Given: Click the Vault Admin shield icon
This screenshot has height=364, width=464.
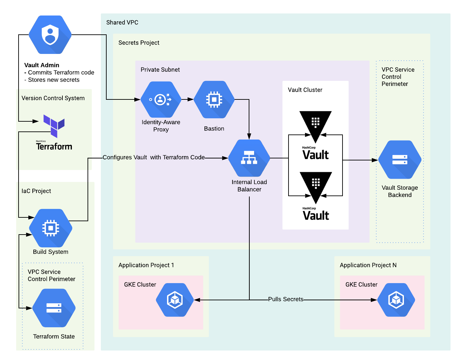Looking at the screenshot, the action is [50, 34].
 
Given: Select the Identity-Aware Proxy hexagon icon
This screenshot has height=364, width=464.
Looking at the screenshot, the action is [161, 99].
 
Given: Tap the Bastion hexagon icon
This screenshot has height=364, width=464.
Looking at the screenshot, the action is [214, 99].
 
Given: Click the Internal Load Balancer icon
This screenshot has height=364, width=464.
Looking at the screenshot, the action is [249, 158].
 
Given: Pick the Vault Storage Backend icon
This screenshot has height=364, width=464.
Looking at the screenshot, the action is [400, 159].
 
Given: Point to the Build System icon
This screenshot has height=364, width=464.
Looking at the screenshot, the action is [51, 228].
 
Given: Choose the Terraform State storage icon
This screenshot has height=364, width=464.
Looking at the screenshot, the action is [54, 308].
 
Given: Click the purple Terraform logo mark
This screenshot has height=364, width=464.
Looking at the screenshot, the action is [54, 126].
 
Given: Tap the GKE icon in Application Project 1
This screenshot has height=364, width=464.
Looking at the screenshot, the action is [175, 300].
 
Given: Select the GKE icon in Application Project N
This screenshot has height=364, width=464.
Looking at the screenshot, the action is [396, 300].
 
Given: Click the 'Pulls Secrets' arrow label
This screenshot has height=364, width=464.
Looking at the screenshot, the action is [285, 299].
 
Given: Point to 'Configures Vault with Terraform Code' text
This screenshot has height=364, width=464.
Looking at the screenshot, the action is [153, 157].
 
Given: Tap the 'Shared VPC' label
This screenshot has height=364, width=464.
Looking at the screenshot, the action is [122, 22].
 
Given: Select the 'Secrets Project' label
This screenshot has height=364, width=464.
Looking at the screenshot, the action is [139, 43].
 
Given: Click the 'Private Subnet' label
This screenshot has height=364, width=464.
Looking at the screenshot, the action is [160, 69].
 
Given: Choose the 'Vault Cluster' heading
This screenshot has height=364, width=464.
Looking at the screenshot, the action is [305, 90].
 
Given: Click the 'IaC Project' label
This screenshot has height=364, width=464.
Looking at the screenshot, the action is [36, 191].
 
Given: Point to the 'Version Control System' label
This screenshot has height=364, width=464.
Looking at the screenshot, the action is [53, 98].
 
